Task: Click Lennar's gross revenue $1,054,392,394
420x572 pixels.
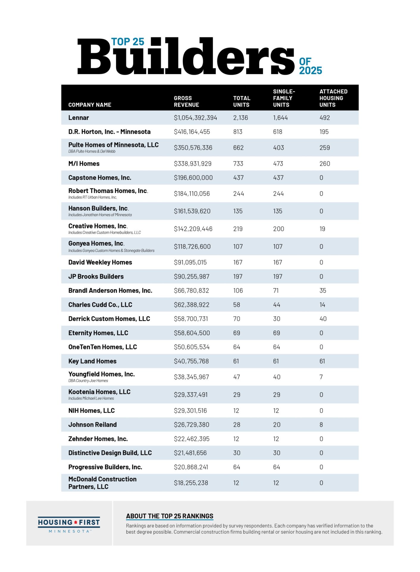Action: (195, 118)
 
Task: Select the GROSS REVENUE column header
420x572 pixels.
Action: (186, 101)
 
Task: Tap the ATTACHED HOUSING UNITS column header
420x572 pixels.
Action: (333, 98)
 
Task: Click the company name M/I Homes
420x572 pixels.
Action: (84, 164)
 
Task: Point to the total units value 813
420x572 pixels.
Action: (237, 132)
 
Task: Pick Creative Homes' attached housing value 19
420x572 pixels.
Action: (322, 229)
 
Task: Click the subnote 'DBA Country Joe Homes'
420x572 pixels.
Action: (88, 381)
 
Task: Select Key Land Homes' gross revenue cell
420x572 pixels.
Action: (191, 361)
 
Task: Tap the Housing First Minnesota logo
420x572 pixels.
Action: (69, 525)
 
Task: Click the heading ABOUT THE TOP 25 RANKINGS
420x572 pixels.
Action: (170, 516)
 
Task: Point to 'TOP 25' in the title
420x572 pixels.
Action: (128, 42)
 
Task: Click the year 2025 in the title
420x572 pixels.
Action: (310, 71)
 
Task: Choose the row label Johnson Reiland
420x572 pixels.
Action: (92, 425)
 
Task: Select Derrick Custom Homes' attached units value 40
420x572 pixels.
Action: (323, 319)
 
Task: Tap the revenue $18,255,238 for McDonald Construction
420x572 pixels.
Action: (191, 483)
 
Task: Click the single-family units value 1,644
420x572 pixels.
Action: (280, 118)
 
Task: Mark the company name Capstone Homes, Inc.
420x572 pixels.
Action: (100, 178)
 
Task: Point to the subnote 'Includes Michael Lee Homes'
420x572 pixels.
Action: (91, 398)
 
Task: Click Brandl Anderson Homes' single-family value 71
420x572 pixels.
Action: (276, 290)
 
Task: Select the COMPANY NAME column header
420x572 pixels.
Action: (90, 105)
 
